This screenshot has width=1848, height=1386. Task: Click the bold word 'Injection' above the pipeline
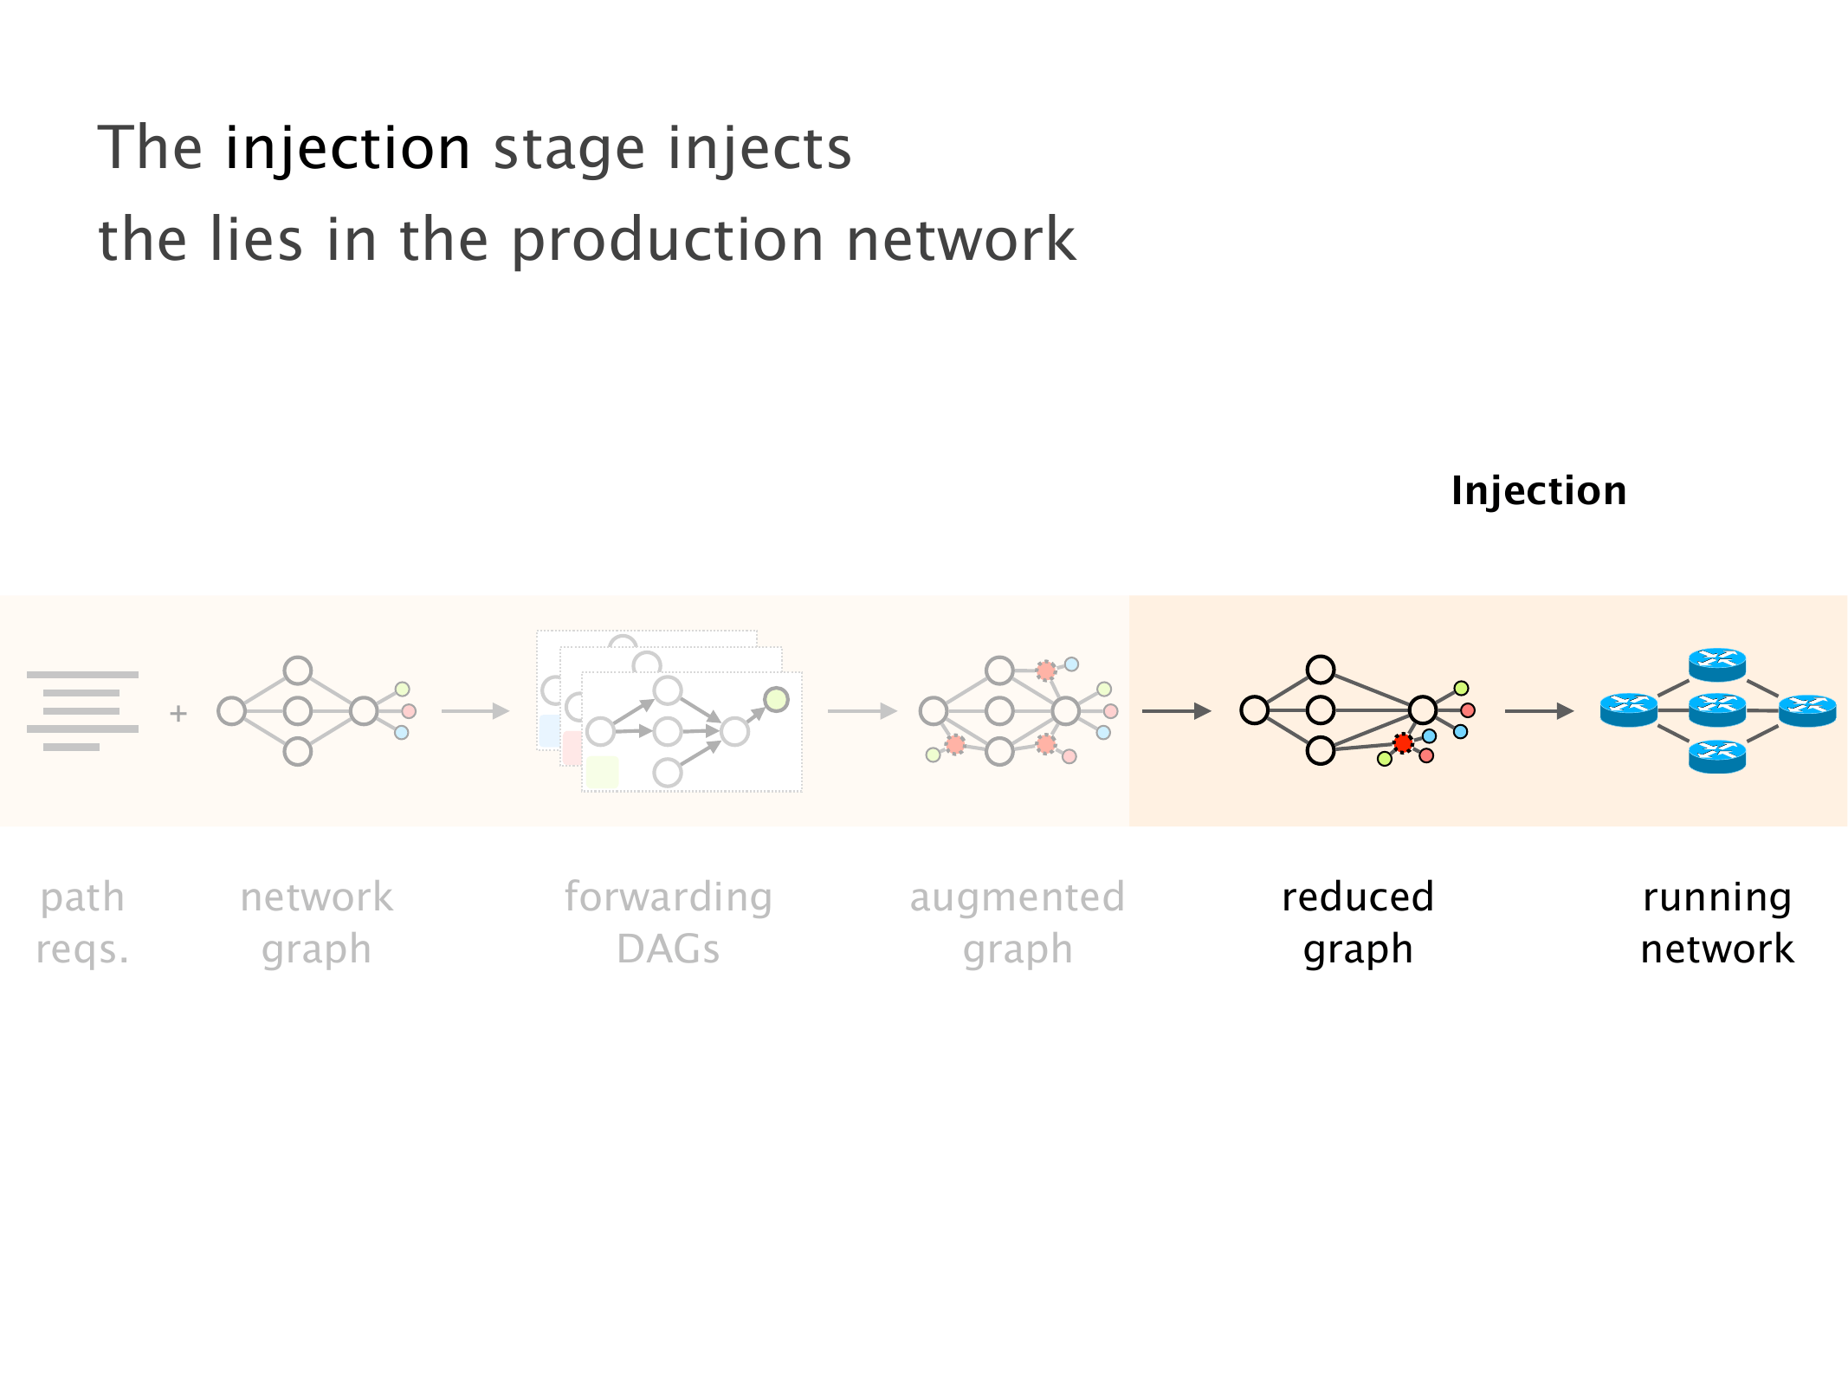(x=1539, y=491)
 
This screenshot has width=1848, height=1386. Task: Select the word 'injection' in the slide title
(x=348, y=148)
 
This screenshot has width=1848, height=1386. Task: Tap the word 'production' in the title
(x=667, y=240)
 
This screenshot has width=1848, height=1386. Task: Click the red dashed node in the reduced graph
(x=1403, y=743)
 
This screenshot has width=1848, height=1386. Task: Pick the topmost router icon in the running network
(x=1717, y=664)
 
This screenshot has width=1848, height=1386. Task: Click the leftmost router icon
(x=1628, y=710)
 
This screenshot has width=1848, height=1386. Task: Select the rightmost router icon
(x=1807, y=710)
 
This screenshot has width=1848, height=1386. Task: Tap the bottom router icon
(x=1717, y=756)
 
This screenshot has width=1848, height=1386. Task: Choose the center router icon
(x=1717, y=710)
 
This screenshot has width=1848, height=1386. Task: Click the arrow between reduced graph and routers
(x=1539, y=711)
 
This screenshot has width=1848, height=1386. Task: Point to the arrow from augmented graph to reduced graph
(x=1176, y=711)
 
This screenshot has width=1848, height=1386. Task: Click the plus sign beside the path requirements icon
(x=178, y=713)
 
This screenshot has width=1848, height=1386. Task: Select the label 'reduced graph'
(x=1358, y=923)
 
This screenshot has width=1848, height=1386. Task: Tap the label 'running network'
(x=1717, y=923)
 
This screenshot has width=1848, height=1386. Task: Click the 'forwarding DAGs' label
(x=668, y=923)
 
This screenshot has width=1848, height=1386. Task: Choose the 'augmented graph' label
(x=1018, y=923)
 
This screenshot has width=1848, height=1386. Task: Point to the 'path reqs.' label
(x=83, y=923)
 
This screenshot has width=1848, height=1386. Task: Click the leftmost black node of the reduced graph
(x=1254, y=710)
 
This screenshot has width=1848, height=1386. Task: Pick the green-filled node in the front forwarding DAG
(x=776, y=699)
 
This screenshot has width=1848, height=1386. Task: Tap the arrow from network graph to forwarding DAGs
(x=475, y=711)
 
